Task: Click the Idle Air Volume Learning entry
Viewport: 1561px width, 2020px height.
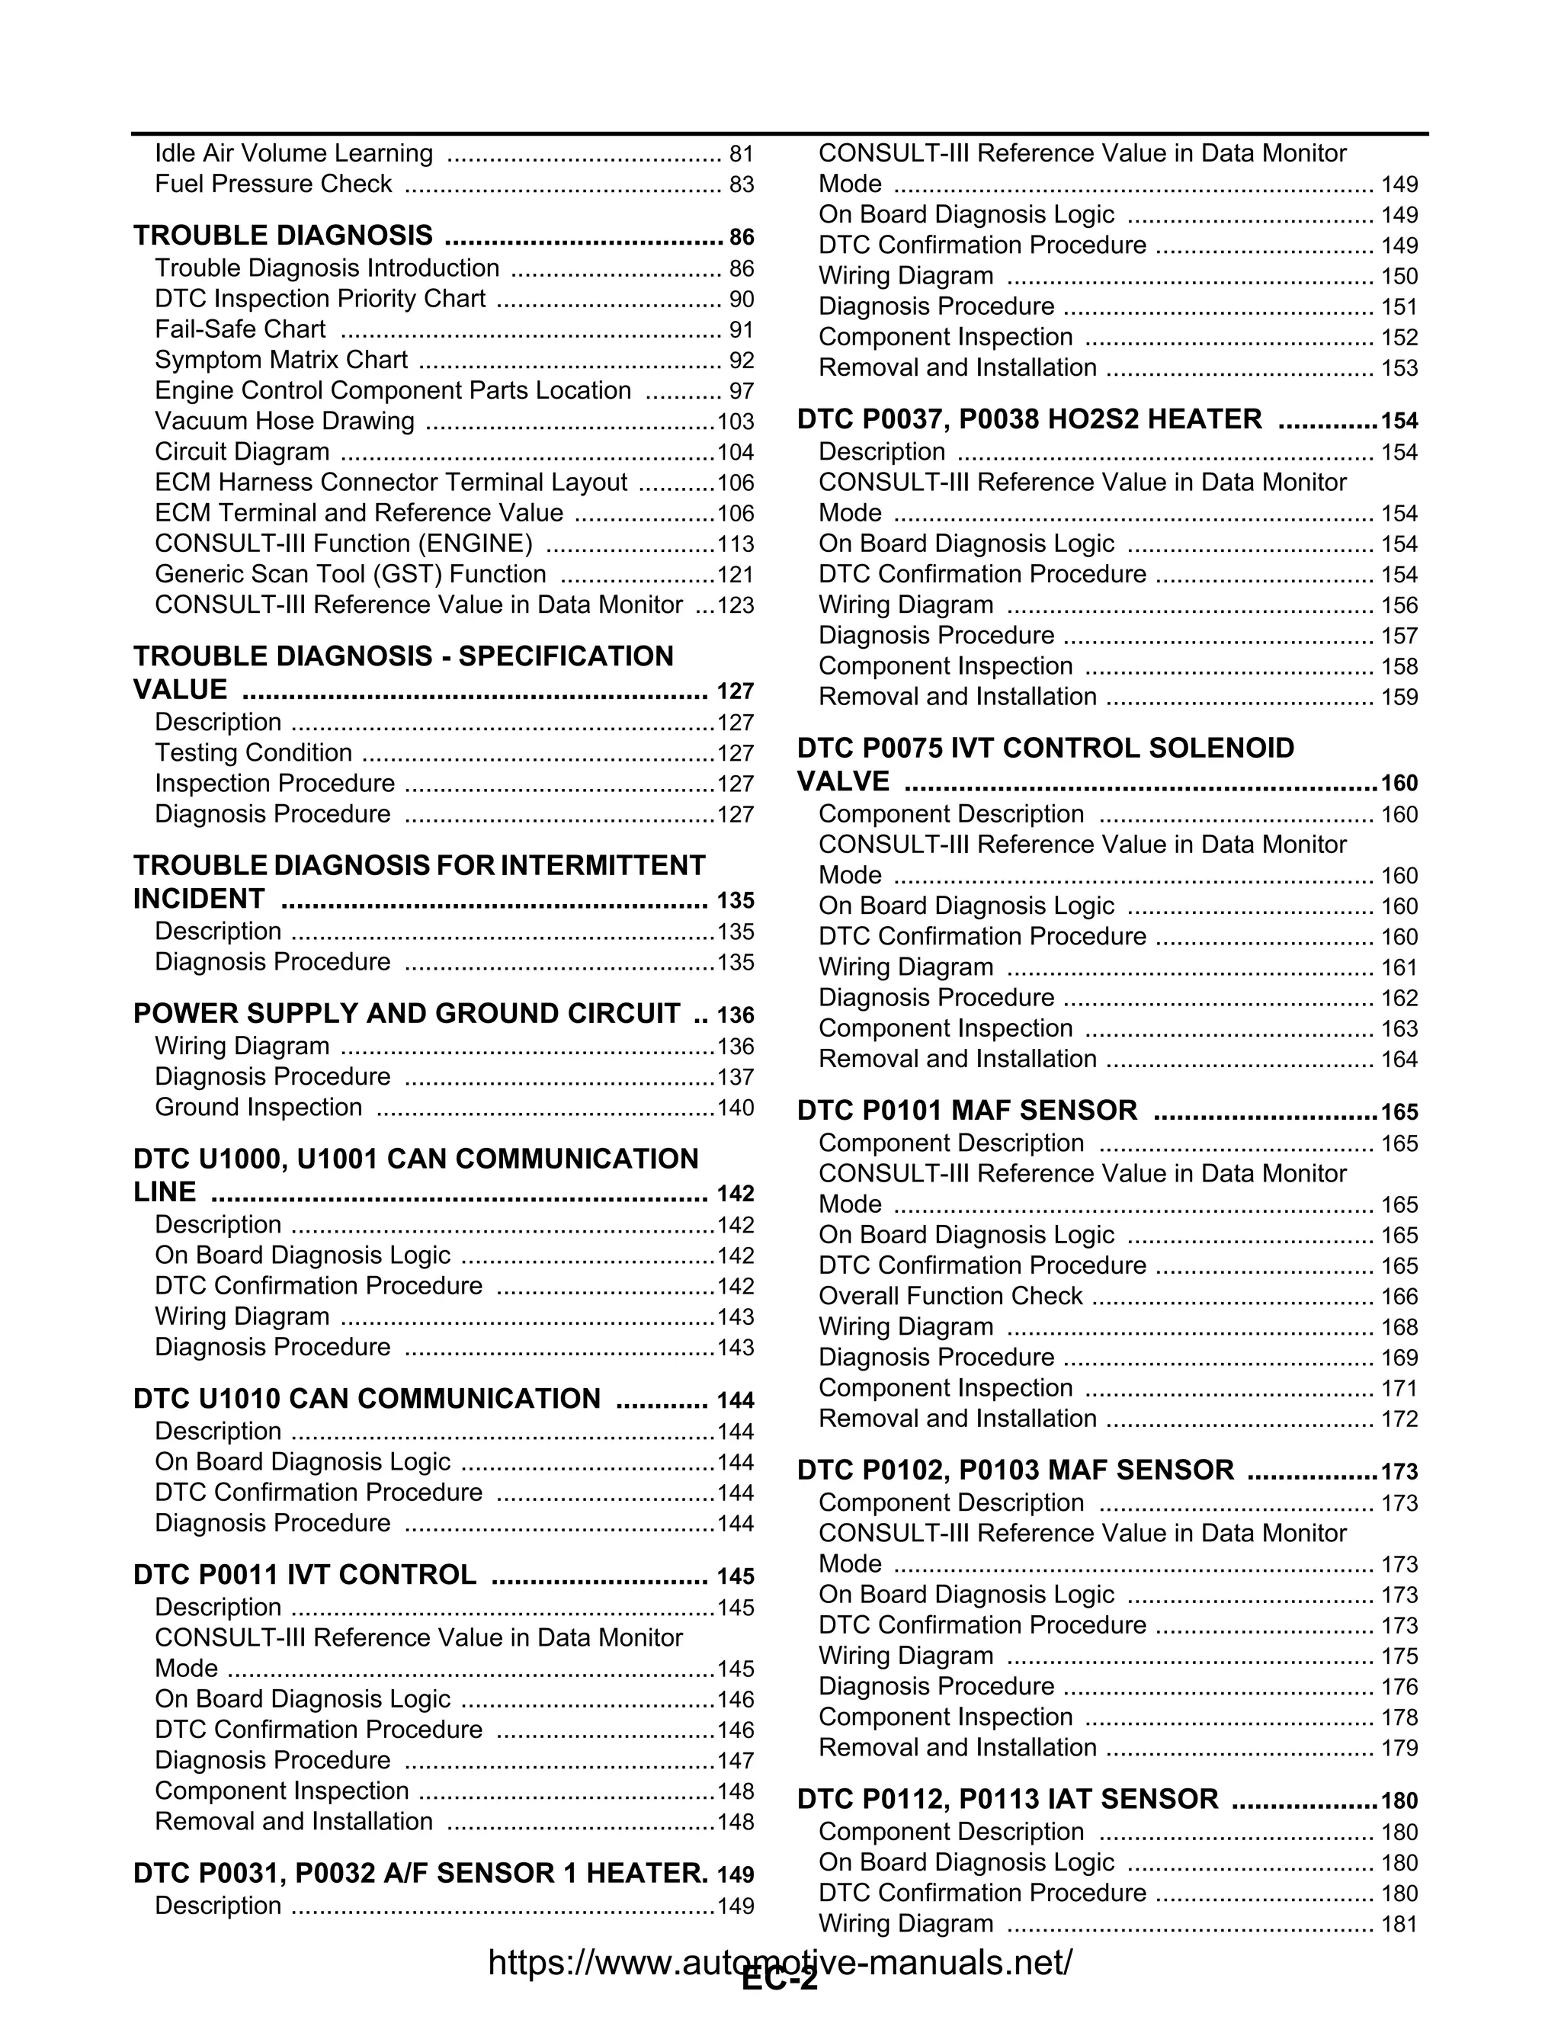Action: [294, 153]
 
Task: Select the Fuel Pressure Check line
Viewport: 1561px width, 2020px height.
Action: [274, 184]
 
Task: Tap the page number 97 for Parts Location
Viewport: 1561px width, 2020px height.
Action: [742, 391]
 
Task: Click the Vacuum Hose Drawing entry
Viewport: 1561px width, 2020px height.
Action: [285, 422]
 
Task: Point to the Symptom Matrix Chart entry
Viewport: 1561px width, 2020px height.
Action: [281, 360]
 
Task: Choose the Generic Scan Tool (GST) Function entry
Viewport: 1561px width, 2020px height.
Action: [351, 575]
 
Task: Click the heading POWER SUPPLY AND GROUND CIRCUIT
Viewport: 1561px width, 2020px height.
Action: [407, 1014]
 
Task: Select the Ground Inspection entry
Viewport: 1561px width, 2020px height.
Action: [259, 1108]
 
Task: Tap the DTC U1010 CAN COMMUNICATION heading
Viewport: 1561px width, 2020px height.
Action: [367, 1399]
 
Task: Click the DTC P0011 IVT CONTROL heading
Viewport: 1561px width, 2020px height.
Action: [305, 1575]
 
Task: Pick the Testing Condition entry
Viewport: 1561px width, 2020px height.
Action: [253, 753]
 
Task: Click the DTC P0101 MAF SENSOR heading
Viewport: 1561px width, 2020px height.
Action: [967, 1111]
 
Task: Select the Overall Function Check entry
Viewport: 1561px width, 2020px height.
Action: [950, 1297]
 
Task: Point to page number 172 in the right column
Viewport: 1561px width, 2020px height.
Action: [1399, 1420]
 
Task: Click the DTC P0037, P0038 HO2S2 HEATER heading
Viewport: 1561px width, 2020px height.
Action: [1029, 420]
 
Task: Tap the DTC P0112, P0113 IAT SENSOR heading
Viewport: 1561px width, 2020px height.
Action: [1008, 1800]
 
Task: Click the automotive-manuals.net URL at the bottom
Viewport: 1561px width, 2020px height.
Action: [780, 1962]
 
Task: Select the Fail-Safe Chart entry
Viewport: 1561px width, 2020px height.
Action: [240, 329]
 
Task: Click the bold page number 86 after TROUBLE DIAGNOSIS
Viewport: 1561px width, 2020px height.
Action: [742, 237]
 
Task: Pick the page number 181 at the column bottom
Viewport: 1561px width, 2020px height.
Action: [1399, 1925]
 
